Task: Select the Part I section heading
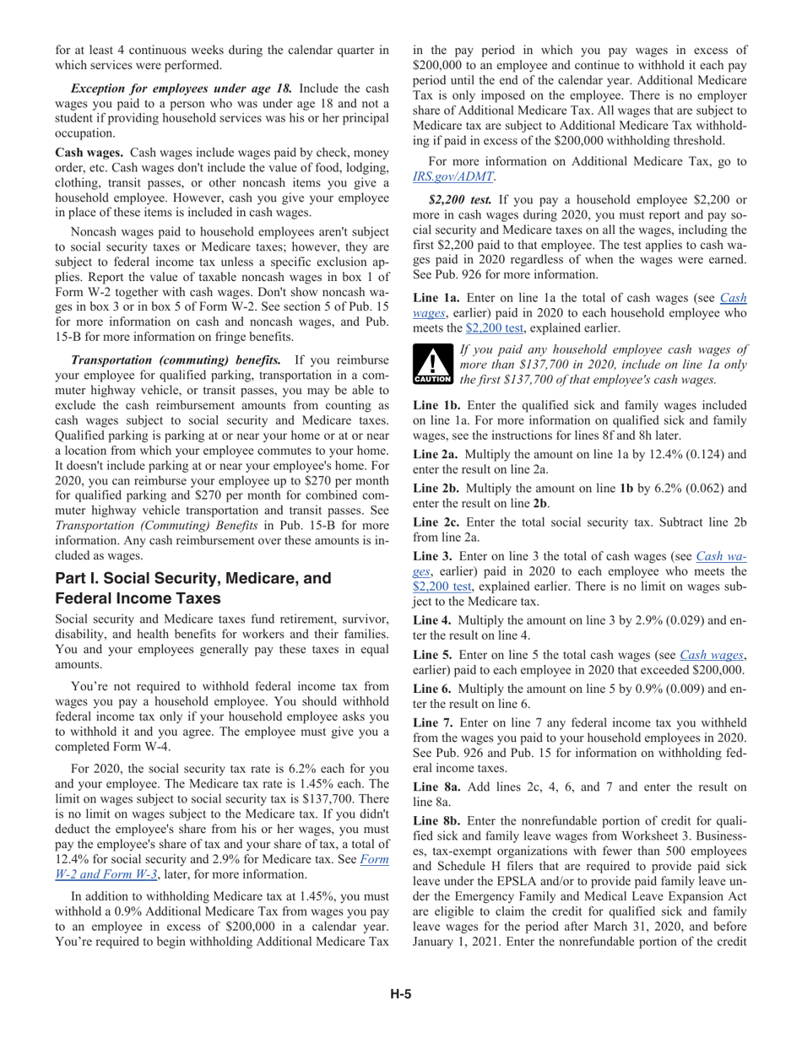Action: [x=192, y=588]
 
